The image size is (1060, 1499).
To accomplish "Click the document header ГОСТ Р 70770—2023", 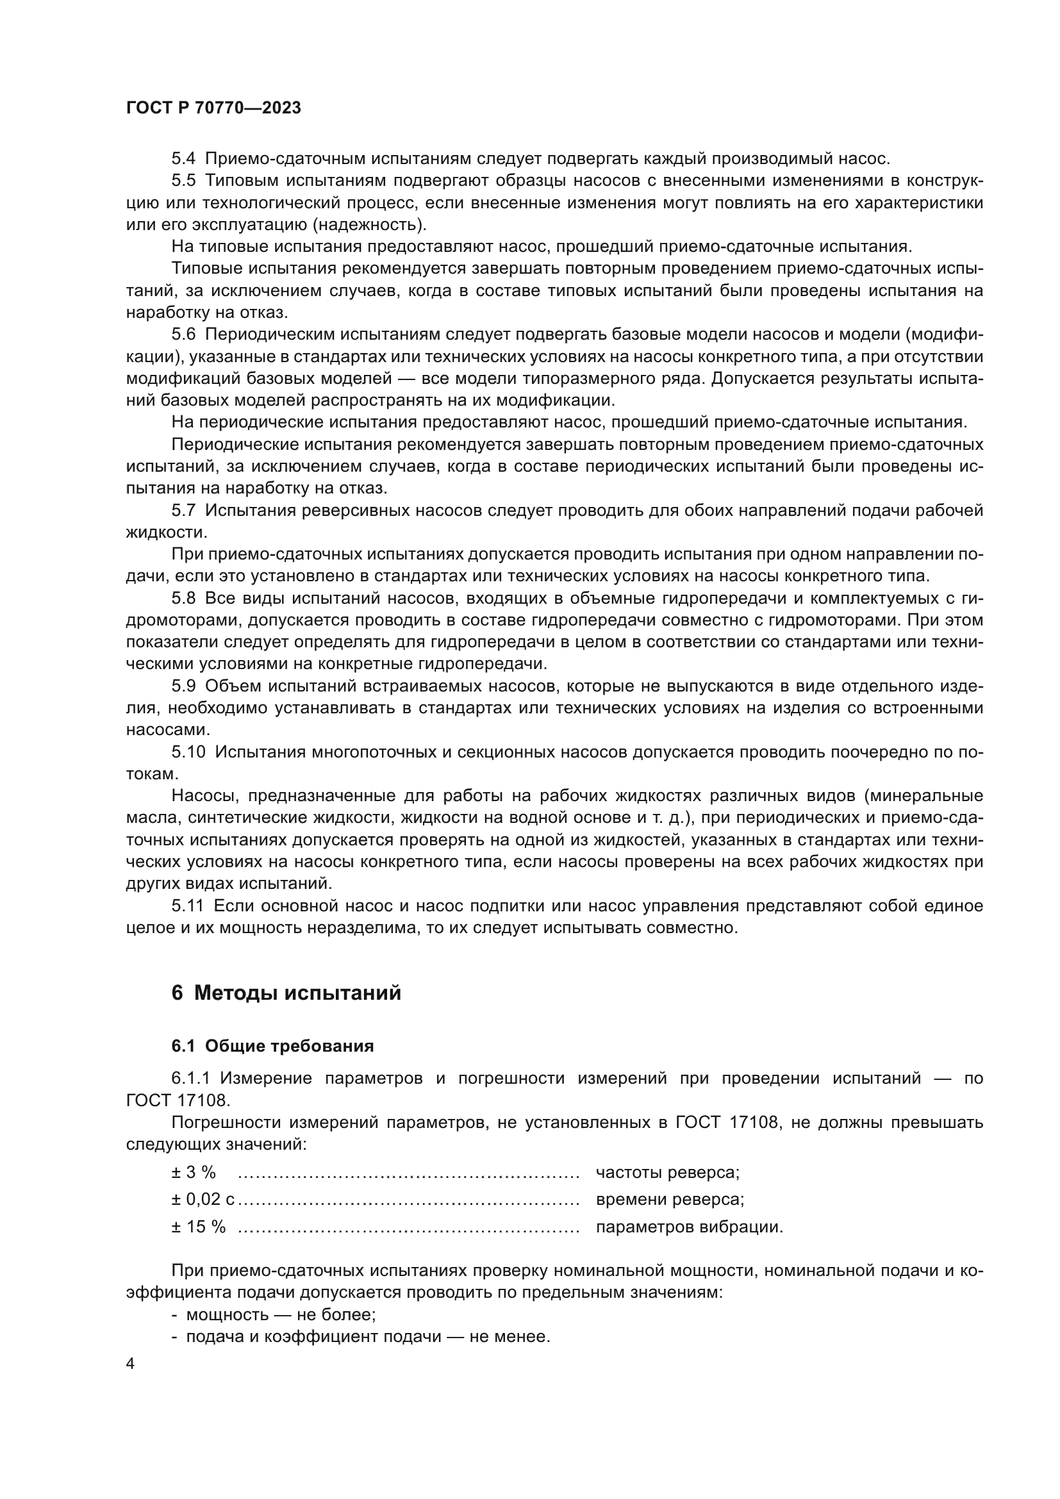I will [213, 108].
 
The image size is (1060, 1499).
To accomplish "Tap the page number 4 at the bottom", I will [131, 1364].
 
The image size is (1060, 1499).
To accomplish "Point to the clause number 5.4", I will [183, 159].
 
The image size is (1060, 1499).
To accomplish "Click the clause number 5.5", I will [183, 180].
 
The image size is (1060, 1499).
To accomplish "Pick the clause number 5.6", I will [183, 335].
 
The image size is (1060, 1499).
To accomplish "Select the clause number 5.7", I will [183, 511].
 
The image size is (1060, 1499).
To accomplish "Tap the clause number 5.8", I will [183, 598].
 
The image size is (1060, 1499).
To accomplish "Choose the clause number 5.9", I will [183, 686].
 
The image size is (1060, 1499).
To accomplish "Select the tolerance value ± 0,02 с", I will [203, 1199].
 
